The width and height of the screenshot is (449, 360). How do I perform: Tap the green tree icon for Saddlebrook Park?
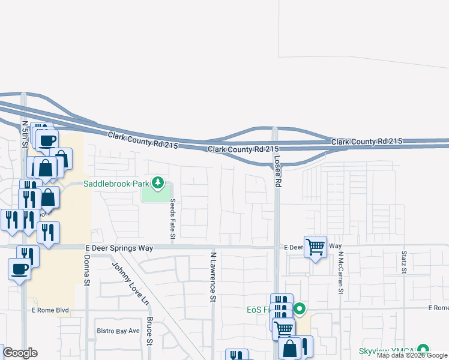[x=158, y=182]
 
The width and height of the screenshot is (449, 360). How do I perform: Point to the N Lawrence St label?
[x=212, y=276]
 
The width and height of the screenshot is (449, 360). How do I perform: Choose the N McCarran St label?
[x=340, y=273]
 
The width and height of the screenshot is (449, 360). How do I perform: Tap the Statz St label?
[x=405, y=262]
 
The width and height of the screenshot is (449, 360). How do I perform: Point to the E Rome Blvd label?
[x=50, y=310]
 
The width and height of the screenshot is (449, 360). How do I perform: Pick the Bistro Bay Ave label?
[x=118, y=331]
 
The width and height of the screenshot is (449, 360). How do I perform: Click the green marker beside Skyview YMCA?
[x=424, y=349]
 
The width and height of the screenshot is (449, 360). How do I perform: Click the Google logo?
[x=20, y=353]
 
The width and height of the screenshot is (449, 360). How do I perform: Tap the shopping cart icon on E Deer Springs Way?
[x=315, y=247]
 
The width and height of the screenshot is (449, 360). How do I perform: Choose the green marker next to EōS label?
[x=299, y=310]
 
